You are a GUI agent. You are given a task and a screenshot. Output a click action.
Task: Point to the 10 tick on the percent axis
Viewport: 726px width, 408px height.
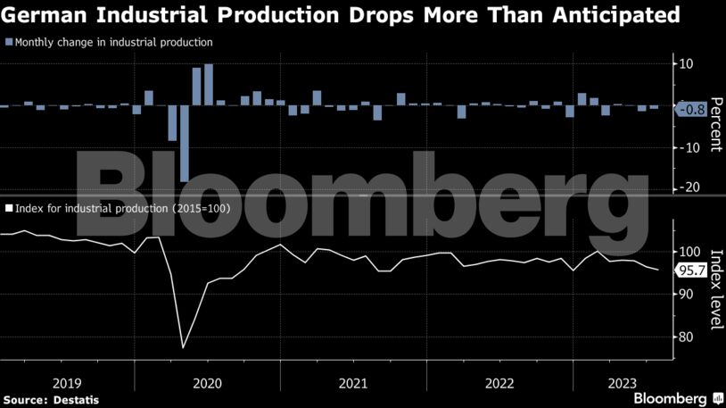[687, 64]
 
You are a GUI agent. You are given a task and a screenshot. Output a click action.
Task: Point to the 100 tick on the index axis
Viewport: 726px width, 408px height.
[689, 252]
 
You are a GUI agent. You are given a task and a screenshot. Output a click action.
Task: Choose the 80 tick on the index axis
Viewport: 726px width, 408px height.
[687, 337]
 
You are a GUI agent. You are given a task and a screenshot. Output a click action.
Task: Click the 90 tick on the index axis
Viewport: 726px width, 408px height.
[687, 295]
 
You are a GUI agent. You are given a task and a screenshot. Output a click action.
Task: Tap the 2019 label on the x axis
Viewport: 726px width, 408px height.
[67, 383]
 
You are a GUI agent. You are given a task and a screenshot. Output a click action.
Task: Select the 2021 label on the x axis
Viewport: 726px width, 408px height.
[354, 383]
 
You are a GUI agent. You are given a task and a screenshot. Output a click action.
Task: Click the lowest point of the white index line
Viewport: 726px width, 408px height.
[183, 347]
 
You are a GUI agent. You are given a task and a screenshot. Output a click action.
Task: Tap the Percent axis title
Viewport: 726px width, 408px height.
[715, 124]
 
